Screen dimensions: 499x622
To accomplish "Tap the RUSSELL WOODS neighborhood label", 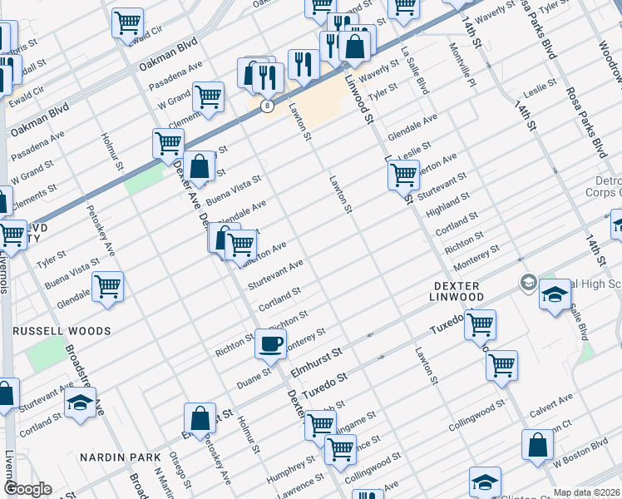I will tap(62, 331).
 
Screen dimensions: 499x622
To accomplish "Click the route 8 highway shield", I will tap(266, 106).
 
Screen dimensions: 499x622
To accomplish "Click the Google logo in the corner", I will tap(27, 489).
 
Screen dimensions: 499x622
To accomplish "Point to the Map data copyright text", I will tap(586, 492).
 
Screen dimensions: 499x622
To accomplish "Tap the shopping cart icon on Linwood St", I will tap(403, 175).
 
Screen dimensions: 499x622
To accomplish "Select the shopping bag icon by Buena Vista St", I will tap(200, 166).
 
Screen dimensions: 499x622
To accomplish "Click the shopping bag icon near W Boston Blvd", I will tap(538, 444).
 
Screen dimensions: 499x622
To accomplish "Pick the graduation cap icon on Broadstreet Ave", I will tap(80, 402).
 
